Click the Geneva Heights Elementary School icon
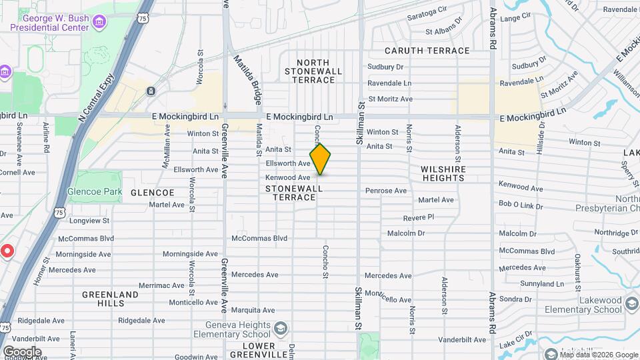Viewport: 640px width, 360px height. pos(282,328)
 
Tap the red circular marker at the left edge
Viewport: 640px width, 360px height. pos(7,251)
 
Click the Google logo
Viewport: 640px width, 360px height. pos(22,352)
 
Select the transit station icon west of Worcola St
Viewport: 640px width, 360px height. pos(152,91)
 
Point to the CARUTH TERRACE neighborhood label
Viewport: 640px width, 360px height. pos(427,51)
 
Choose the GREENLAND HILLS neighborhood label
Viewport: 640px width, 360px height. pos(111,298)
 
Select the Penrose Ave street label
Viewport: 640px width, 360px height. pos(385,191)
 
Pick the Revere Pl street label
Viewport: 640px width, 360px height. pos(418,217)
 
